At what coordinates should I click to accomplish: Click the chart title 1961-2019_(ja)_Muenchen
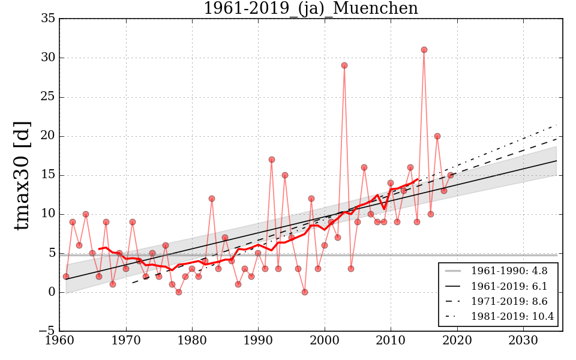[310, 8]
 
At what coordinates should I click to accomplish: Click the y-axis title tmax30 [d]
[23, 175]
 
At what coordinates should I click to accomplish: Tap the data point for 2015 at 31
[424, 50]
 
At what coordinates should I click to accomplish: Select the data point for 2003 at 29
[344, 65]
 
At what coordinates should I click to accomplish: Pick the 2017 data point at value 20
[437, 136]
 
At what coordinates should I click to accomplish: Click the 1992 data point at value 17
[272, 160]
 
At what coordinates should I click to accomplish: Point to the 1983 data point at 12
[212, 199]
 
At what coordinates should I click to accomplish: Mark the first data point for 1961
[66, 277]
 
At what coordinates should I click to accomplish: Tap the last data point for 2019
[451, 175]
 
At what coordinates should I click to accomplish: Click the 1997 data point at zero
[305, 292]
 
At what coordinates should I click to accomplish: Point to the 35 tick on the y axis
[48, 19]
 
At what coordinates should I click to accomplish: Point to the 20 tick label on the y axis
[48, 136]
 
